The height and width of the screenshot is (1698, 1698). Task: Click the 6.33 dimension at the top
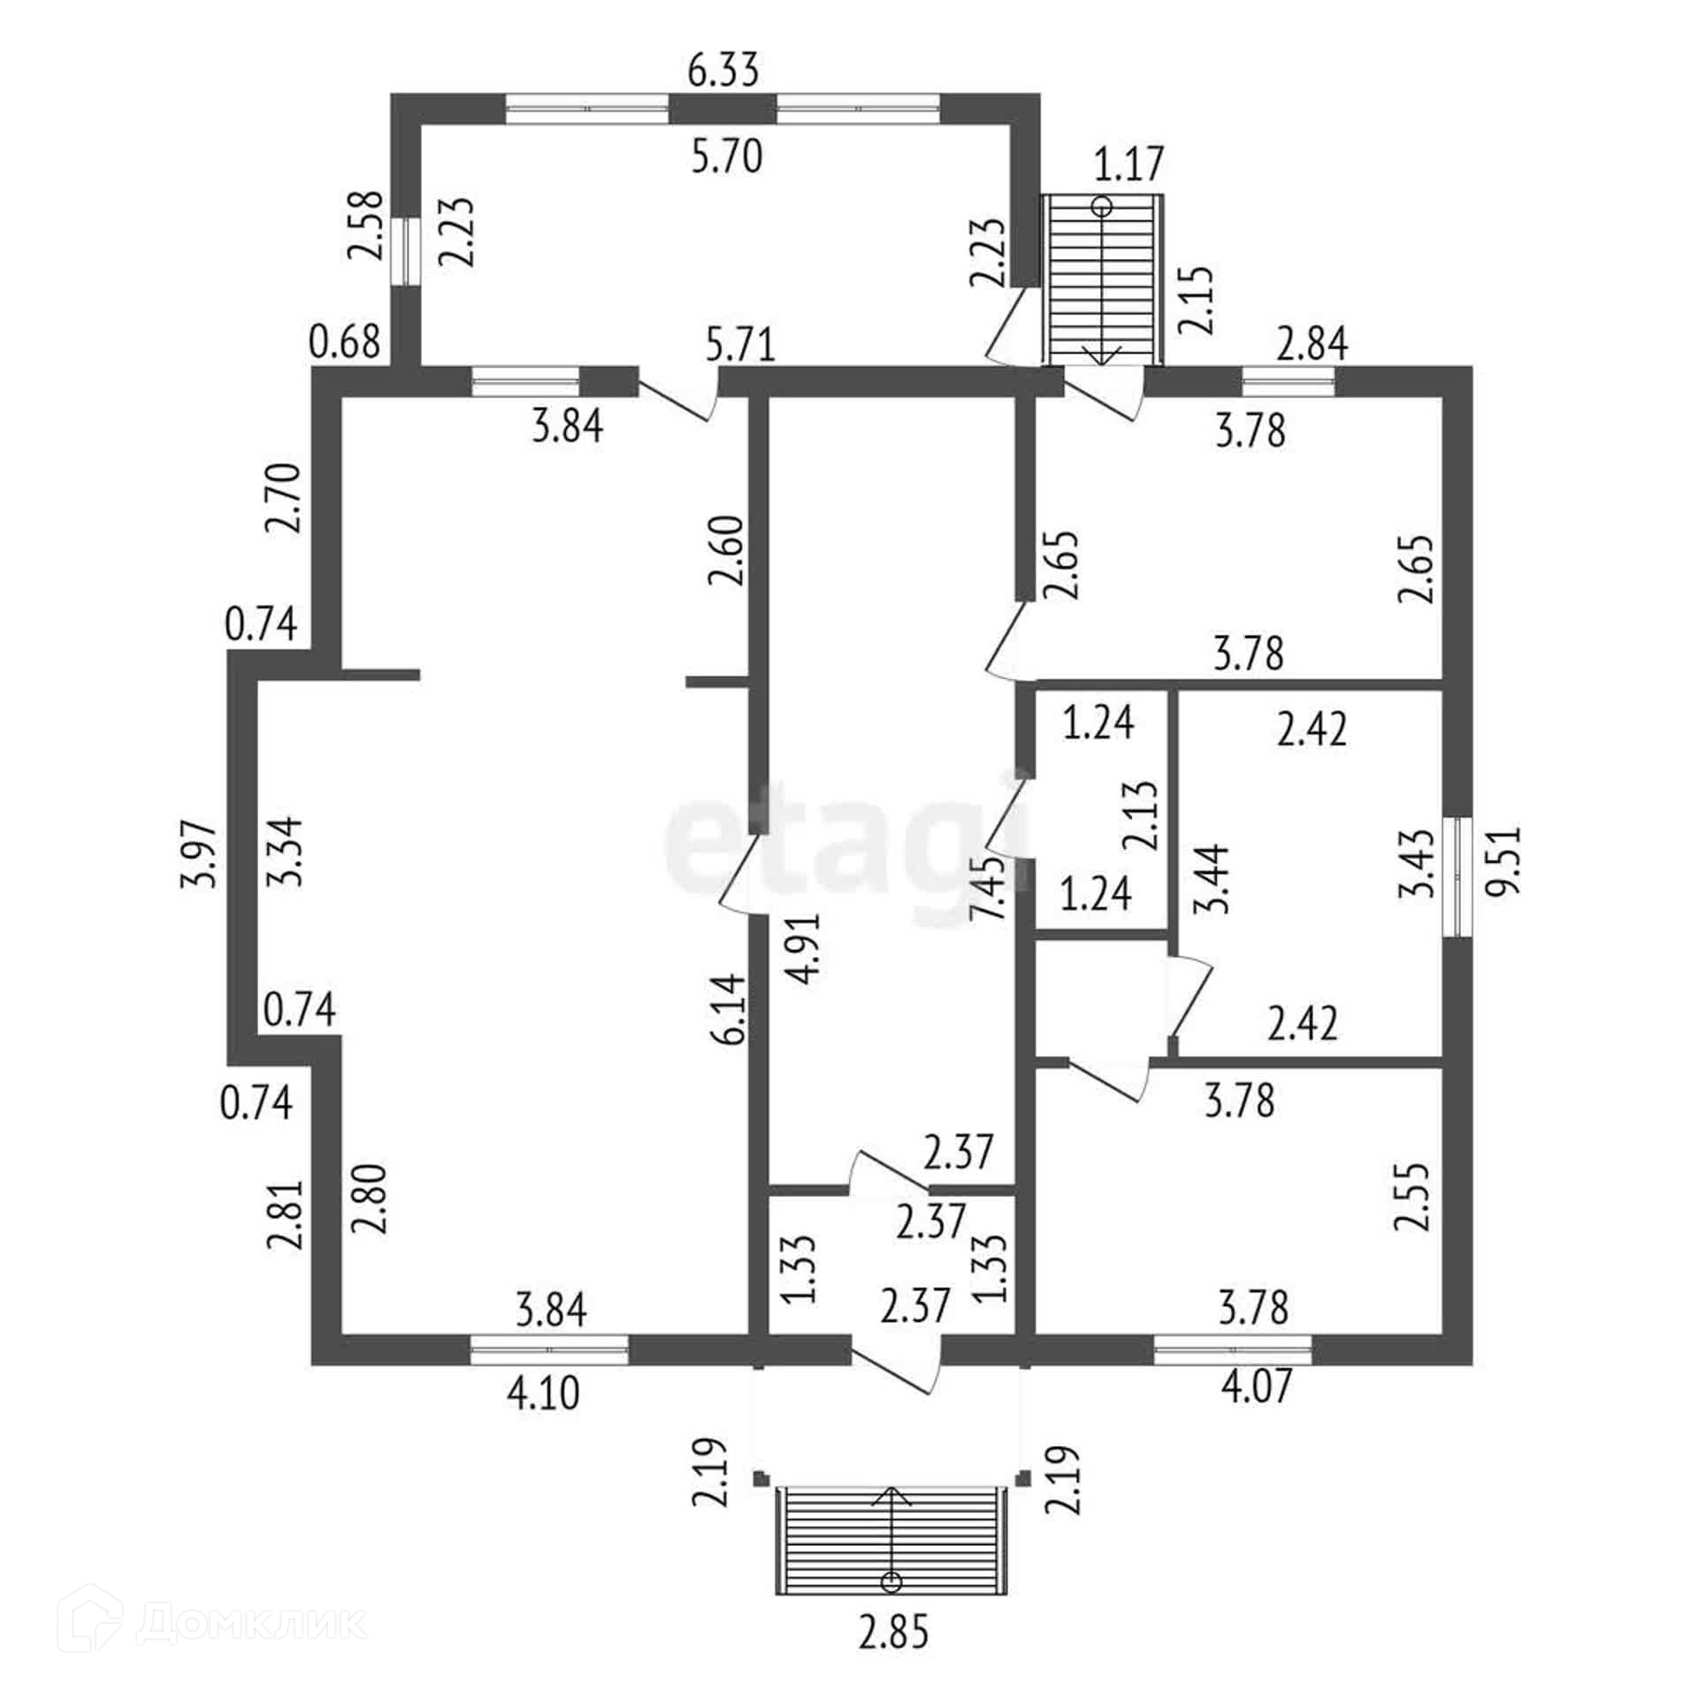(x=723, y=71)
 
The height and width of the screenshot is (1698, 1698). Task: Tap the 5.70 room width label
(x=726, y=157)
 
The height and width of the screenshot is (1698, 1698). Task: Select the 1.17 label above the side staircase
(x=1129, y=164)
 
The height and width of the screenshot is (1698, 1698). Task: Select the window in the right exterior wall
(x=1456, y=876)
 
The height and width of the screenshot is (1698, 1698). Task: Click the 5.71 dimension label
(x=740, y=344)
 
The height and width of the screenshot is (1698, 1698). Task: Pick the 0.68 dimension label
(x=344, y=340)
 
